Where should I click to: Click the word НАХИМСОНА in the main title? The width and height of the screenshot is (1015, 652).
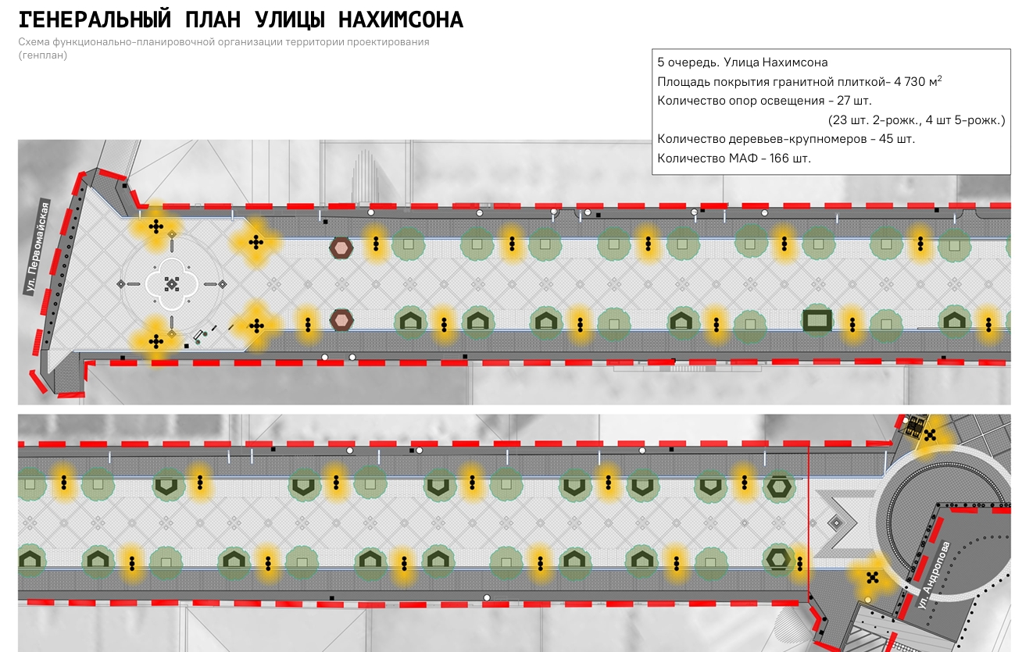click(x=401, y=20)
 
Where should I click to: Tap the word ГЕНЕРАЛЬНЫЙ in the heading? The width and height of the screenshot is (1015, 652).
click(x=95, y=20)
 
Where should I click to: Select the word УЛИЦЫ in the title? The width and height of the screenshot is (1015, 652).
click(x=290, y=21)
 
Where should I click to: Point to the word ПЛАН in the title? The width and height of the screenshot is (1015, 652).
click(x=213, y=20)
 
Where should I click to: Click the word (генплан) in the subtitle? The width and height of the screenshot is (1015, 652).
click(x=43, y=55)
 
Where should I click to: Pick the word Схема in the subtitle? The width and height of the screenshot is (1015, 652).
click(x=34, y=42)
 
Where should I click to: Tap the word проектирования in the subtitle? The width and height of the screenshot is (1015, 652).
click(x=388, y=43)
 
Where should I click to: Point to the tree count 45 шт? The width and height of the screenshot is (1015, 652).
click(x=897, y=138)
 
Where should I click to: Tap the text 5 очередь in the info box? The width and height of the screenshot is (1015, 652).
click(x=688, y=62)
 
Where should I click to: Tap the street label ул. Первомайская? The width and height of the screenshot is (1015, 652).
click(x=38, y=248)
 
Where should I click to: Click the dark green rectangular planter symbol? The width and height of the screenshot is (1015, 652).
click(x=817, y=321)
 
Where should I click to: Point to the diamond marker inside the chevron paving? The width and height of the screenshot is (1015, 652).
click(x=837, y=523)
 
